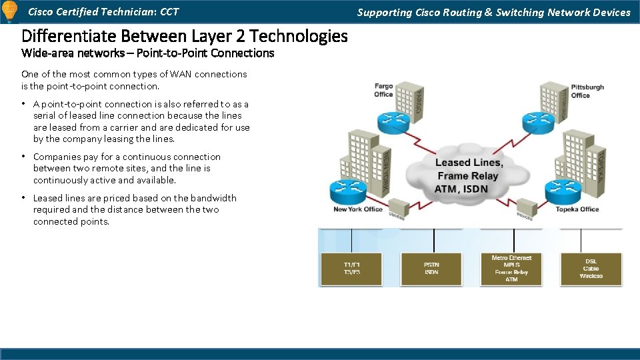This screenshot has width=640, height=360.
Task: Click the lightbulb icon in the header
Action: click(x=10, y=11)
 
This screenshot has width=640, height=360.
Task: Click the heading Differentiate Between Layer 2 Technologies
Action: click(x=185, y=36)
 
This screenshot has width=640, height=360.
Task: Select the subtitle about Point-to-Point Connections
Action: click(x=147, y=53)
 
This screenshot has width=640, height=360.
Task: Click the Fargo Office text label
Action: click(x=383, y=91)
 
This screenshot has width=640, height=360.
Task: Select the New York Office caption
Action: click(x=358, y=209)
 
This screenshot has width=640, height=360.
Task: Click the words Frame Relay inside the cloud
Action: click(x=469, y=176)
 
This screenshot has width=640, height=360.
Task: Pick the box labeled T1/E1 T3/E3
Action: click(x=351, y=269)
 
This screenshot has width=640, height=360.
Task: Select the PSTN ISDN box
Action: click(x=431, y=269)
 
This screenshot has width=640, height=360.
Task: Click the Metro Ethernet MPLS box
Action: click(x=511, y=269)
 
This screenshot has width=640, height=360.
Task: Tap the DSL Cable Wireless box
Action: click(x=591, y=269)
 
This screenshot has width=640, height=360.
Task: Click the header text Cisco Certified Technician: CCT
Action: click(x=103, y=12)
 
